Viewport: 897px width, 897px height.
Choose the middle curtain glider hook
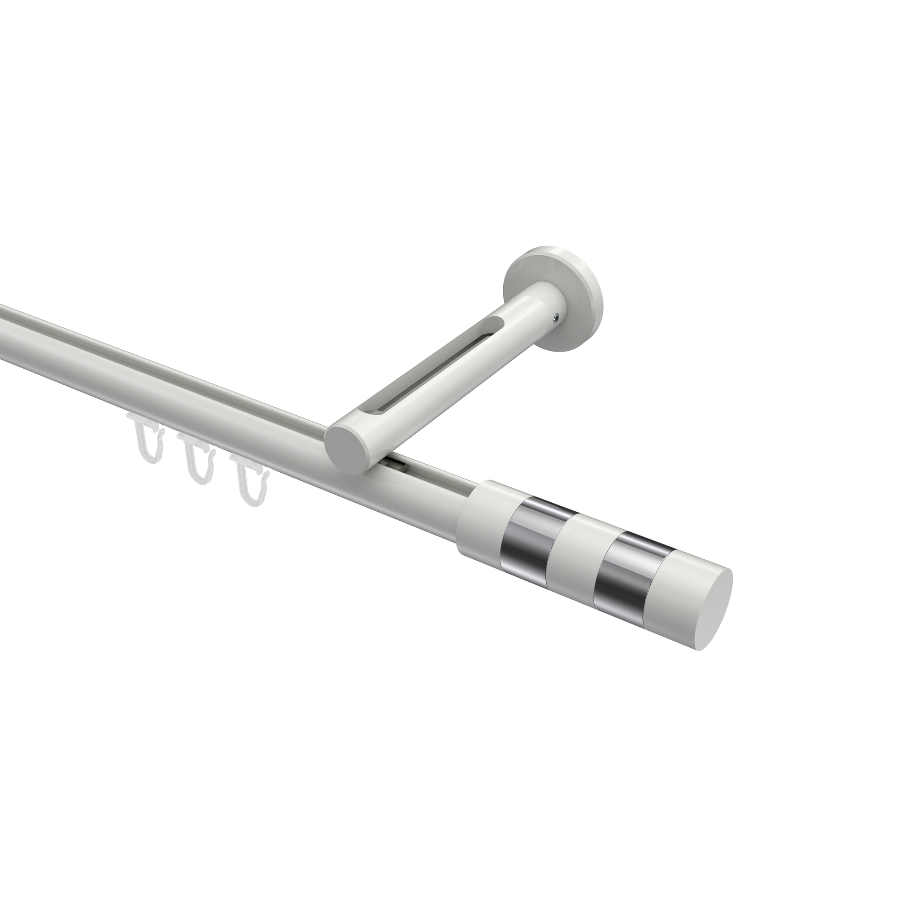[x=197, y=462]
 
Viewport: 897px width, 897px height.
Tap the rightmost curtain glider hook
[x=248, y=483]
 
